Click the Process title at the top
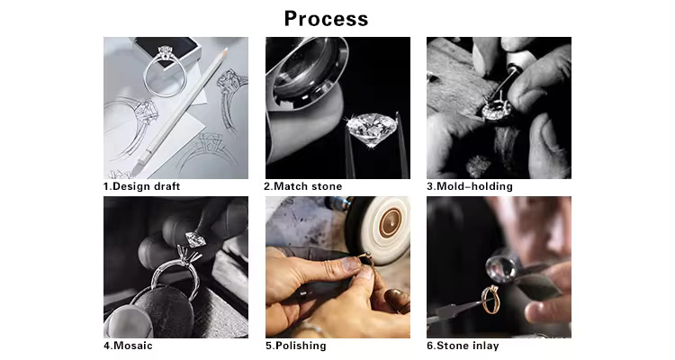pos(327,19)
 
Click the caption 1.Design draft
pos(141,186)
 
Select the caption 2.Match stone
pos(303,186)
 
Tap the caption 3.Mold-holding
pos(470,186)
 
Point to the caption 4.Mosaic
pos(128,346)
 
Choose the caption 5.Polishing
pos(296,346)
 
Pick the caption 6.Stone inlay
pos(463,346)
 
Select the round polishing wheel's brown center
pos(391,222)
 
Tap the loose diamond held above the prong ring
pos(196,238)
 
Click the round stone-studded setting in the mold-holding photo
pos(496,111)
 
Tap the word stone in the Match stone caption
pos(327,186)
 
